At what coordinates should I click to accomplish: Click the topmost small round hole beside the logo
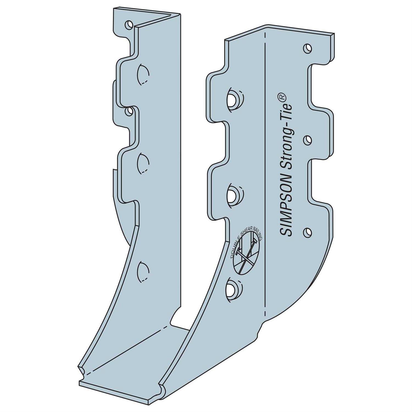pyautogui.click(x=308, y=48)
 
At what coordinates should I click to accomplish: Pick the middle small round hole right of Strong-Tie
pyautogui.click(x=308, y=140)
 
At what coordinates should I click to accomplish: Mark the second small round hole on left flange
pyautogui.click(x=128, y=111)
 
